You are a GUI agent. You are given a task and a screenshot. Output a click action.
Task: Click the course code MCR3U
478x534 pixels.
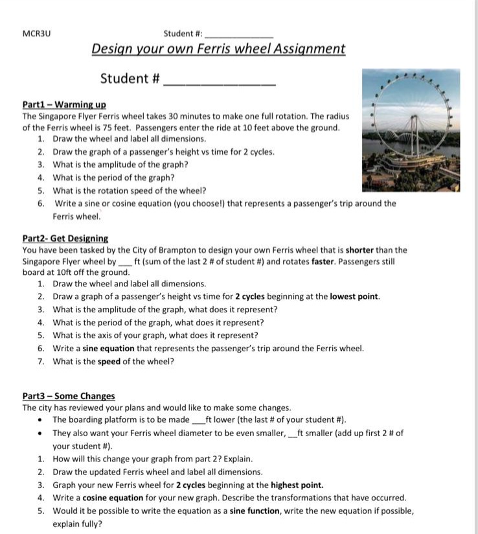pos(36,33)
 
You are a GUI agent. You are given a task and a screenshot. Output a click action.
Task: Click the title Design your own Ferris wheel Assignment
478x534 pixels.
pos(218,49)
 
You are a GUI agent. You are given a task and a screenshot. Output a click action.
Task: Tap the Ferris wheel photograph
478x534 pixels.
pos(411,130)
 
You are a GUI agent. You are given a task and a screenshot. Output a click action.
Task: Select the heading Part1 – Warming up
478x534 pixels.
pos(64,104)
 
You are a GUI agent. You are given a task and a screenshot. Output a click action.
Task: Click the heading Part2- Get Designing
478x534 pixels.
pos(65,238)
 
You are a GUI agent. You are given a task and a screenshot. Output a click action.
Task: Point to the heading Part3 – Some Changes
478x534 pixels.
pos(68,396)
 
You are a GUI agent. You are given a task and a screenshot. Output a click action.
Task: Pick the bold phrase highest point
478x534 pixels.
pos(297,485)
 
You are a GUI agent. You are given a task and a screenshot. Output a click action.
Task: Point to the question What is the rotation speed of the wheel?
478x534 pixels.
pos(130,191)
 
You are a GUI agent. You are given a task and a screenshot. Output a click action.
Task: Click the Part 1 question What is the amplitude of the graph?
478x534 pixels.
pos(120,165)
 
